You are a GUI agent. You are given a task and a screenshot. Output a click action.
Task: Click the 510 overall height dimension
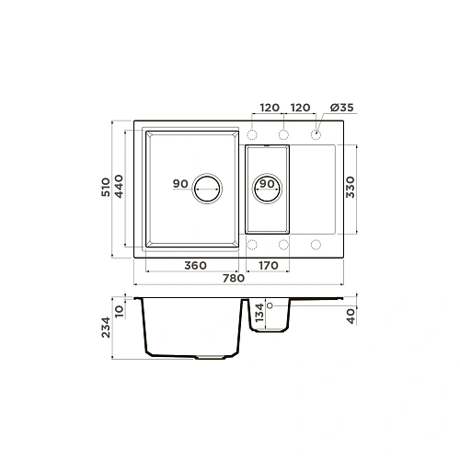[106, 187]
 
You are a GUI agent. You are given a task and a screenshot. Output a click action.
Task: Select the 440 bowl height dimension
[119, 186]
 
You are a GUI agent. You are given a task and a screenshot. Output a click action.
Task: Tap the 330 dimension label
[350, 187]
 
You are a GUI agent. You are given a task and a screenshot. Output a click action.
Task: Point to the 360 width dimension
[195, 265]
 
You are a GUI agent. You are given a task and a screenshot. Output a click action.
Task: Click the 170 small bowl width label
[269, 265]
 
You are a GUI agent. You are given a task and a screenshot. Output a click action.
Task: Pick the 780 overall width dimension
[234, 278]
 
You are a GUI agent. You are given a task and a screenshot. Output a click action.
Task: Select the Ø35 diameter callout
[342, 108]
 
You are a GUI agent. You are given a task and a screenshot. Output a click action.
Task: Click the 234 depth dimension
[106, 328]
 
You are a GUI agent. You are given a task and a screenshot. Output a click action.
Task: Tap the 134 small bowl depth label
[259, 312]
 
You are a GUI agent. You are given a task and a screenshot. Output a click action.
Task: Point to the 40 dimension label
[351, 316]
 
